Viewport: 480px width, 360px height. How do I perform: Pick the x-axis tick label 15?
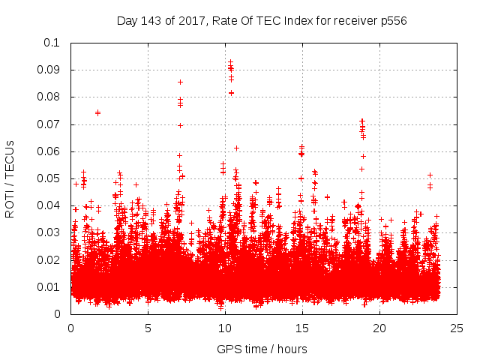click(x=302, y=328)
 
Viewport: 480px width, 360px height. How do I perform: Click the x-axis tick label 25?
click(x=457, y=328)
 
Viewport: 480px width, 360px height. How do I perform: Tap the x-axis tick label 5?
click(x=148, y=328)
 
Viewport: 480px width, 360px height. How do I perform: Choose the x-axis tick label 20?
click(x=379, y=328)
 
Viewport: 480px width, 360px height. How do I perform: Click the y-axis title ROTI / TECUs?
click(x=10, y=178)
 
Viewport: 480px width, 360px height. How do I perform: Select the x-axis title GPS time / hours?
click(x=262, y=349)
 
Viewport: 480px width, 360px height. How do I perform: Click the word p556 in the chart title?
click(x=391, y=20)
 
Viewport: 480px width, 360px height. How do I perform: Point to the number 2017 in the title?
click(x=190, y=20)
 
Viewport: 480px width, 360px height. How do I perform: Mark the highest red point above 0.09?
click(x=230, y=62)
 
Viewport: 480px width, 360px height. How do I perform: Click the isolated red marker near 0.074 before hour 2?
click(x=97, y=112)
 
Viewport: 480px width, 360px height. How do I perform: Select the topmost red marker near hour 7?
click(x=180, y=82)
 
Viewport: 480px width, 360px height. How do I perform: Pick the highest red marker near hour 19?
click(x=362, y=121)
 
